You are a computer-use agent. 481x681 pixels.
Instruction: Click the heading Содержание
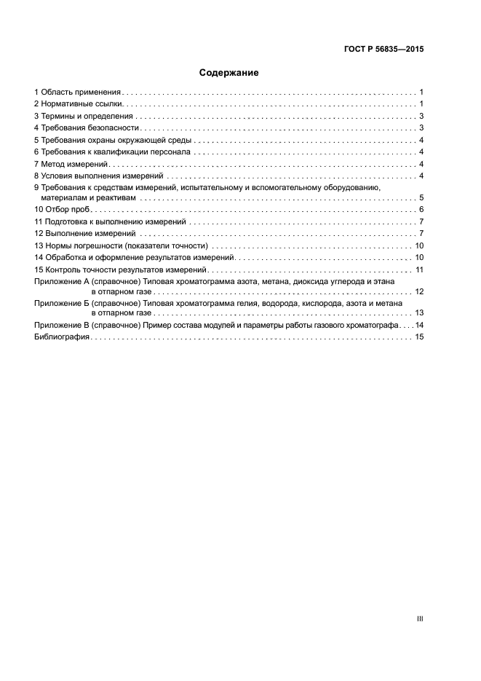[228, 74]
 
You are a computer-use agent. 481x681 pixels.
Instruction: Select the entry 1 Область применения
[77, 92]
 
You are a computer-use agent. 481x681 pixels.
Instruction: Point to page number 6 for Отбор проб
[421, 210]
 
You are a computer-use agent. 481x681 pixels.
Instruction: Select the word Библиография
[62, 337]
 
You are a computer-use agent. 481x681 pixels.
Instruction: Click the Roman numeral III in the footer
[419, 618]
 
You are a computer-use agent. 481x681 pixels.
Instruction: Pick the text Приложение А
[60, 280]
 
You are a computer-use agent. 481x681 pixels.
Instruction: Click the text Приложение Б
[60, 302]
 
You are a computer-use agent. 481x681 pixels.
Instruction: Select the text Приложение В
[60, 325]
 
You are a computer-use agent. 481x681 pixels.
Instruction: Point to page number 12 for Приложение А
[419, 291]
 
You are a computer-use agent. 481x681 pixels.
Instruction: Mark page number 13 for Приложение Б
[419, 312]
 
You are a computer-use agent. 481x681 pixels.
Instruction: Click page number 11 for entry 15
[419, 269]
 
